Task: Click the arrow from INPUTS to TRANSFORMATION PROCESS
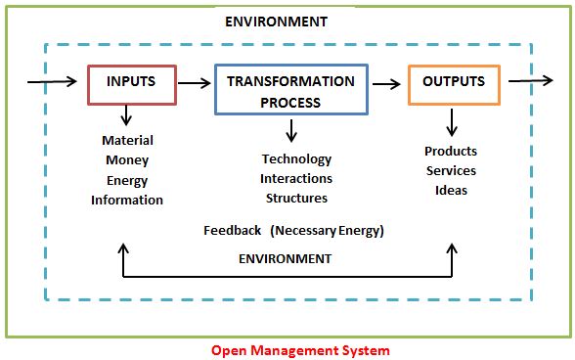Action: [x=195, y=83]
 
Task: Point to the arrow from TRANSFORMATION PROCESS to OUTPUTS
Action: [x=386, y=84]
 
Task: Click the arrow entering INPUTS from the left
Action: [x=52, y=81]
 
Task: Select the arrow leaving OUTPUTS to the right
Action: [x=530, y=80]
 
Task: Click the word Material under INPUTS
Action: [x=127, y=140]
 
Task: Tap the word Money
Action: [x=127, y=160]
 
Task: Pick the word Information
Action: [x=127, y=200]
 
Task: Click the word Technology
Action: [x=296, y=159]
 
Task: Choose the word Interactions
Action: [x=296, y=179]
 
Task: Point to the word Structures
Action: [x=296, y=199]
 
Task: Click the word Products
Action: [x=451, y=152]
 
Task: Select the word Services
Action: [x=451, y=170]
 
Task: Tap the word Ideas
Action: [x=451, y=191]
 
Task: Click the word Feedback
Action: [x=233, y=231]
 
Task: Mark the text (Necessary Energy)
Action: [x=327, y=231]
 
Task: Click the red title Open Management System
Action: [x=300, y=350]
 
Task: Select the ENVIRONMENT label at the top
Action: [x=276, y=22]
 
